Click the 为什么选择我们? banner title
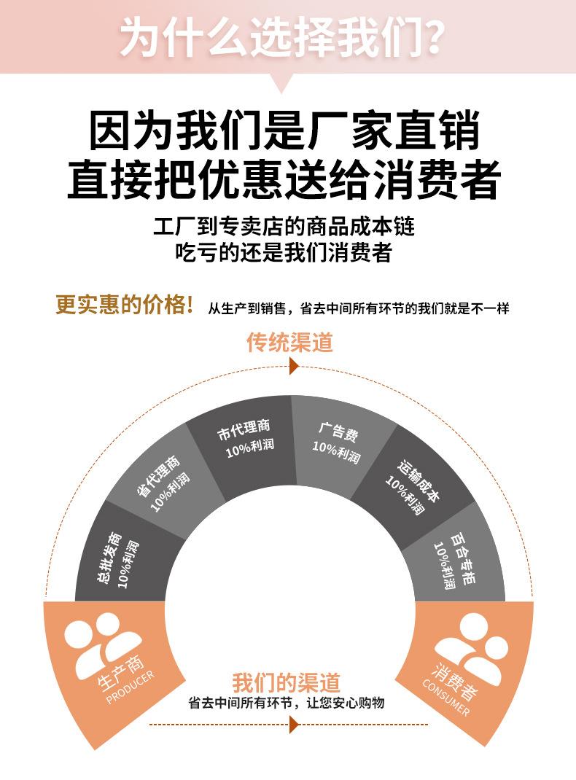(x=282, y=36)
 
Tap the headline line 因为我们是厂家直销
(x=284, y=130)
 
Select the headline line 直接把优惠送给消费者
(x=284, y=179)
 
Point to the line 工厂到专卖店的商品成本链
(x=284, y=227)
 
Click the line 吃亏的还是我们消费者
(x=284, y=251)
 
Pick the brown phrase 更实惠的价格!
(x=125, y=304)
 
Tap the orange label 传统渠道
(x=289, y=343)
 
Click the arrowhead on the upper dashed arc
(x=294, y=367)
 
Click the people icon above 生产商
(x=102, y=641)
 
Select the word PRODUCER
(x=131, y=687)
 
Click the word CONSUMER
(x=445, y=697)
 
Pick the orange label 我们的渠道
(x=287, y=682)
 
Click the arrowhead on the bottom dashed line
(x=294, y=725)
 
